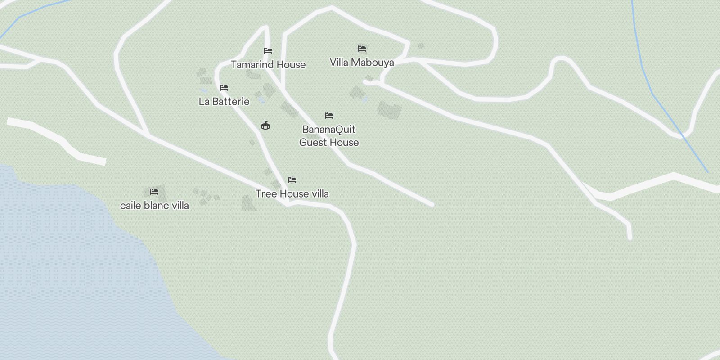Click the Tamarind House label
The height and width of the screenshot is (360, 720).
268,65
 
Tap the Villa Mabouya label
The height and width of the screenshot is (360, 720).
362,63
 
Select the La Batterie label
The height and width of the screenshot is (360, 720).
224,102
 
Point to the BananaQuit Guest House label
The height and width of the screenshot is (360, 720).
329,136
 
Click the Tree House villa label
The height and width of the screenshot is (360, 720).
292,194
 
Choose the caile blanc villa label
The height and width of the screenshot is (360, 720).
154,206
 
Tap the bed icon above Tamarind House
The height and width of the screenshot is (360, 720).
268,51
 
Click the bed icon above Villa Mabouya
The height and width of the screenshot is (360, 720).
362,49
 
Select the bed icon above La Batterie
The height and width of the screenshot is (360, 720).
224,88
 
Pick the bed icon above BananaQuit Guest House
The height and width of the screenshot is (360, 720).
329,116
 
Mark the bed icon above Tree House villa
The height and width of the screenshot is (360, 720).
292,180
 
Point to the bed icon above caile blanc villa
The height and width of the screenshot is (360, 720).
154,192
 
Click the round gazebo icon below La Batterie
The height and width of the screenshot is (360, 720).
265,126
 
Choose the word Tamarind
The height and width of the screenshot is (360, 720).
252,65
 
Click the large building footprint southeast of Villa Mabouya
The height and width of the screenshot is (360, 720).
389,110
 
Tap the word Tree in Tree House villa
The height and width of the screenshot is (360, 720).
266,194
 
